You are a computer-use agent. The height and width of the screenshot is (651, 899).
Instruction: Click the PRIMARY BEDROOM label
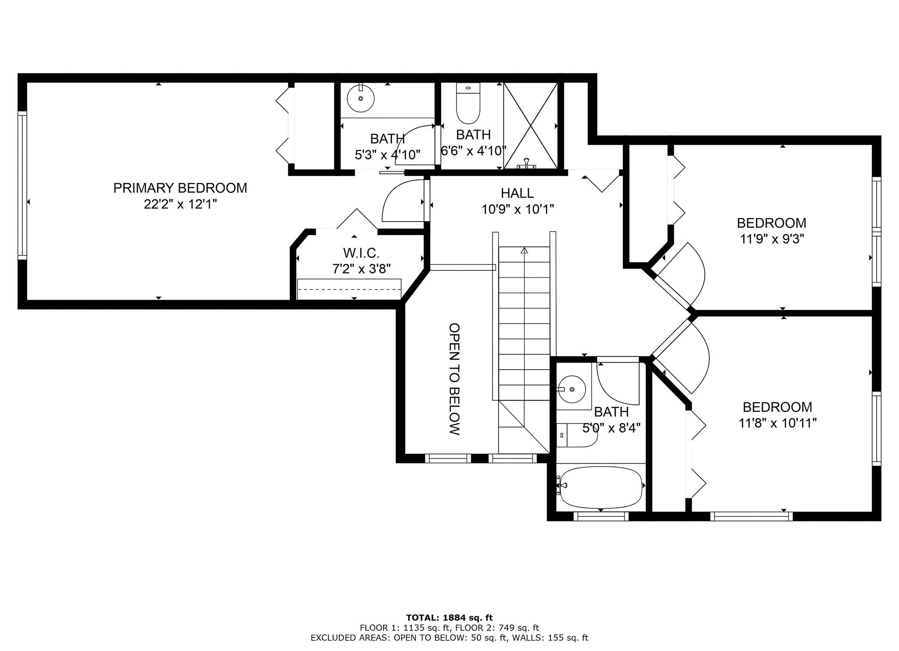(x=180, y=188)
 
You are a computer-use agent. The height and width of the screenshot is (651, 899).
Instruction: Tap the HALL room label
(x=517, y=193)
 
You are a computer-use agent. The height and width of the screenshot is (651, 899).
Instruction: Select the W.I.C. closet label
(x=361, y=253)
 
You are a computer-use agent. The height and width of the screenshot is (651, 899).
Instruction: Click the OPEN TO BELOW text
(x=454, y=379)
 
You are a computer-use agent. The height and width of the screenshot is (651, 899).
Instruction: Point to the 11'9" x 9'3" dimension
(x=771, y=239)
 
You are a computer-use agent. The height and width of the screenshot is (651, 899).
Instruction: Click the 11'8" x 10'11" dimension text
(x=777, y=423)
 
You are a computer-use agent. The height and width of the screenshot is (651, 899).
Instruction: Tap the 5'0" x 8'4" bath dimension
(x=611, y=428)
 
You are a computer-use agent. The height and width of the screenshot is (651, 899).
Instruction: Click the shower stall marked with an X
(x=531, y=126)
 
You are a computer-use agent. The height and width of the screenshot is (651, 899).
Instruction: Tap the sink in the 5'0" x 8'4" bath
(x=572, y=389)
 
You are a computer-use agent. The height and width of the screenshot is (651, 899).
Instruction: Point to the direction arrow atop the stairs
(x=524, y=251)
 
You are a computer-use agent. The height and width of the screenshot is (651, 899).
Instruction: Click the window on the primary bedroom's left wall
(x=22, y=185)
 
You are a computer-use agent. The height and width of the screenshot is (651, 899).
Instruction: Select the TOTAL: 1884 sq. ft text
(x=449, y=618)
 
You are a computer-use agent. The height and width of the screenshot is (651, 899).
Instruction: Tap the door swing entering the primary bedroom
(x=402, y=203)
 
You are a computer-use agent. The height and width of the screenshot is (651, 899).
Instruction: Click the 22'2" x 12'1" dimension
(x=180, y=204)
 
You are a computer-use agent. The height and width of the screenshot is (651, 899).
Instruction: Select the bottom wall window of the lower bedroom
(x=751, y=517)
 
